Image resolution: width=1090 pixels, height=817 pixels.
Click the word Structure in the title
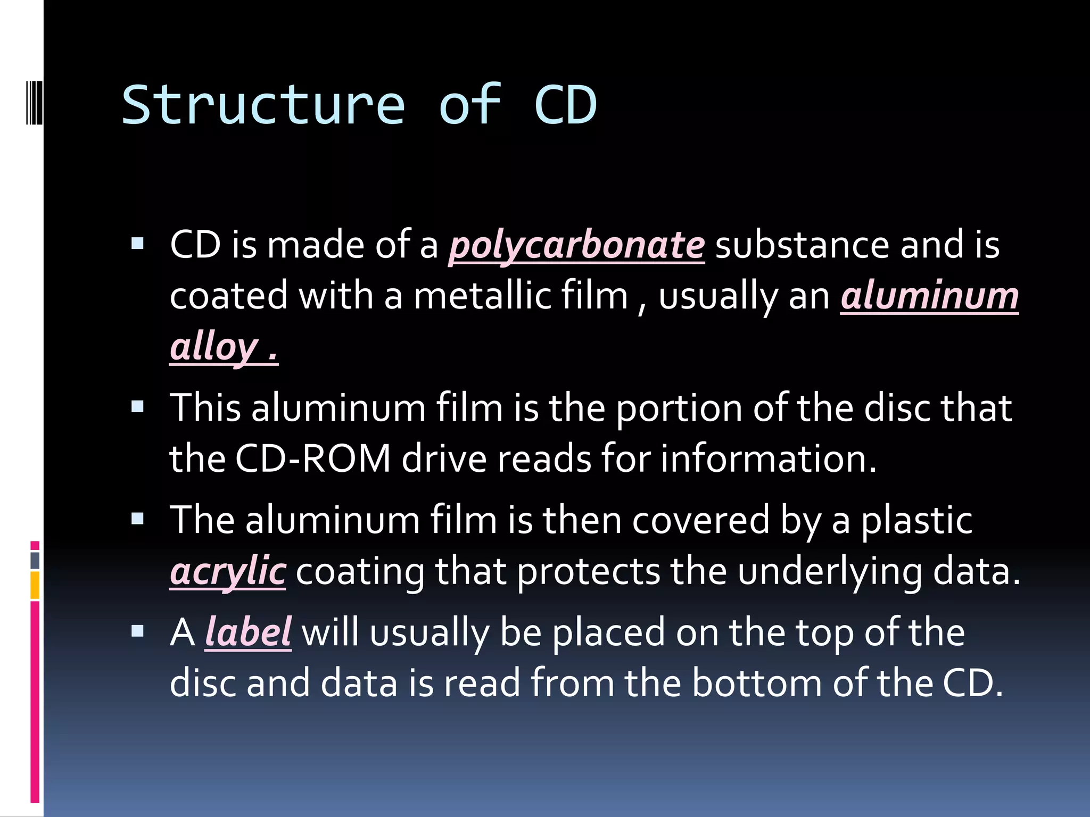click(x=263, y=105)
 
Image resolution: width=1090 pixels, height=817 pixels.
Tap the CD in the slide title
click(x=565, y=105)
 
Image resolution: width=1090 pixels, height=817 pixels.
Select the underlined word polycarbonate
click(x=576, y=246)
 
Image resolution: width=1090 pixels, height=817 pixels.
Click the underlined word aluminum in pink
click(x=929, y=296)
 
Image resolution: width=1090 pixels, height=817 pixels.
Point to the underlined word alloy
click(x=214, y=347)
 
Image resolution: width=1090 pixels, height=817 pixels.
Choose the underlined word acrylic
click(x=228, y=571)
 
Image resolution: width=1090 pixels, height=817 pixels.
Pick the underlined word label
click(x=248, y=632)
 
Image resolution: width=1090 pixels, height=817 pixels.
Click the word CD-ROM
click(x=313, y=458)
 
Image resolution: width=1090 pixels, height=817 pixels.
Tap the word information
click(x=768, y=458)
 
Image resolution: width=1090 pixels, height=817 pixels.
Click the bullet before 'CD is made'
click(x=138, y=244)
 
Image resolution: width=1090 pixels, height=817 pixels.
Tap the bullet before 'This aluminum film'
click(x=138, y=407)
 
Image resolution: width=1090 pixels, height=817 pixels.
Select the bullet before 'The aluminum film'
click(x=138, y=519)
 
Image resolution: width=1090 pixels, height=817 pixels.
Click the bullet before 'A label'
click(x=138, y=631)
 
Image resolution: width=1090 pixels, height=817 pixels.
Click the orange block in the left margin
click(x=35, y=585)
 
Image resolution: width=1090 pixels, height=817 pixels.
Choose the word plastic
click(x=917, y=520)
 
